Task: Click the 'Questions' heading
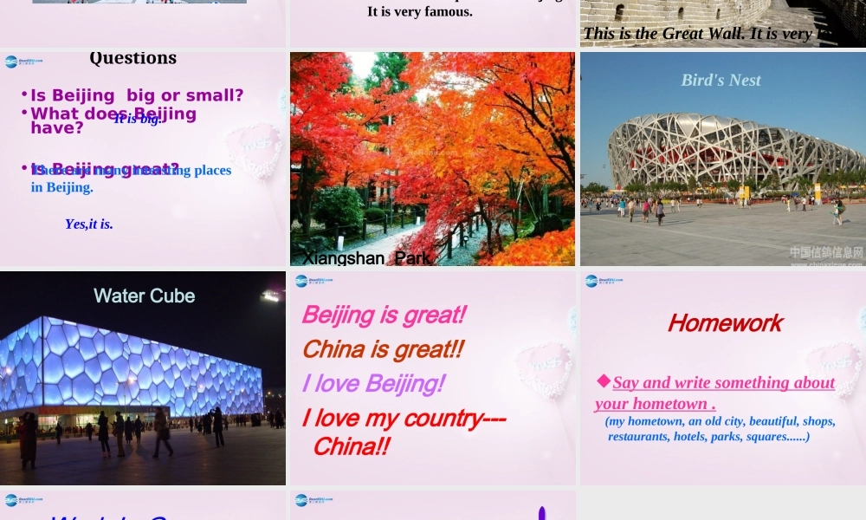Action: [132, 58]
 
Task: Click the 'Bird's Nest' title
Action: [721, 80]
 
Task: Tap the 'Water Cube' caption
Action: [144, 296]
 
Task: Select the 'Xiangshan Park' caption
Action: [366, 257]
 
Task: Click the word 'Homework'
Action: [725, 323]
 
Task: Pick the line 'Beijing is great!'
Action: [384, 315]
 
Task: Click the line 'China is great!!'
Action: [383, 349]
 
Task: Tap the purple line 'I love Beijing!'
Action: [373, 383]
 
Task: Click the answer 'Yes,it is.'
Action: [88, 224]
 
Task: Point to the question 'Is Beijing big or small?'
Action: [137, 95]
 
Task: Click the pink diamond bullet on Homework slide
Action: [603, 380]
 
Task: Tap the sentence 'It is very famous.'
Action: [420, 12]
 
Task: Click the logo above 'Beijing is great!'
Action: [301, 281]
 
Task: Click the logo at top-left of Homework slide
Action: [591, 281]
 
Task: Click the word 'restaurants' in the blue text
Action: [639, 437]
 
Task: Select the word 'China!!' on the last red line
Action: [351, 446]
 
